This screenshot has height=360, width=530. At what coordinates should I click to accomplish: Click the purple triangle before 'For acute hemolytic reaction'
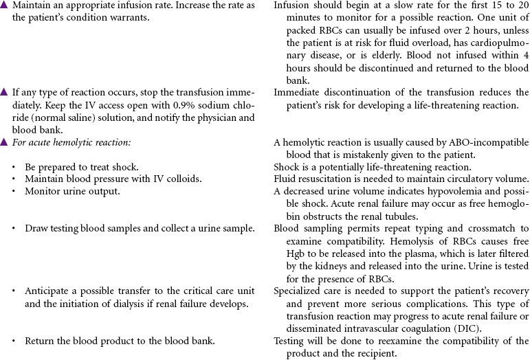[4, 142]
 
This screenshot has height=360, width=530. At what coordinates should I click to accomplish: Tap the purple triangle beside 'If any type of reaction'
[4, 92]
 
